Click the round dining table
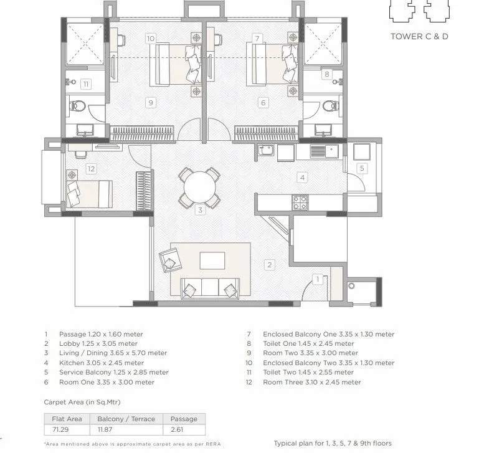[x=199, y=186]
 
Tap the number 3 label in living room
[x=200, y=211]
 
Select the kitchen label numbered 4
[x=302, y=178]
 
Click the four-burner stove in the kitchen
[x=300, y=203]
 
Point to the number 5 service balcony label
[x=362, y=168]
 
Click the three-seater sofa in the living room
[x=211, y=288]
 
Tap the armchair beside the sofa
[x=169, y=259]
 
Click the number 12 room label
[x=91, y=168]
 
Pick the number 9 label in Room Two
[x=150, y=102]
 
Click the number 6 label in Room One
[x=263, y=103]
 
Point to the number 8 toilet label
[x=326, y=74]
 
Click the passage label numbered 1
[x=318, y=279]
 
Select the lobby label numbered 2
[x=269, y=265]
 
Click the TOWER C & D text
[x=419, y=36]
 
